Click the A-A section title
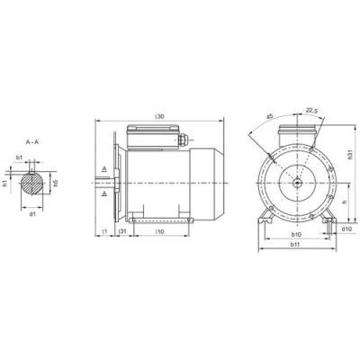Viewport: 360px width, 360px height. (32, 142)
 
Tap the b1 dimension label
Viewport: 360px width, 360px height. (19, 157)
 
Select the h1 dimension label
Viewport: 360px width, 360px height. (4, 184)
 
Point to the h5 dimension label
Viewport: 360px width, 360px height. (56, 184)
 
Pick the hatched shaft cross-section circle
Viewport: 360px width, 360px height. (31, 184)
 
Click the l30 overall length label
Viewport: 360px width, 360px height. (160, 117)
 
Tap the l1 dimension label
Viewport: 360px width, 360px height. (104, 231)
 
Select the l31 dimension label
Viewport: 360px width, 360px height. (122, 231)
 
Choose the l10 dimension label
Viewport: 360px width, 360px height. (160, 231)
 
